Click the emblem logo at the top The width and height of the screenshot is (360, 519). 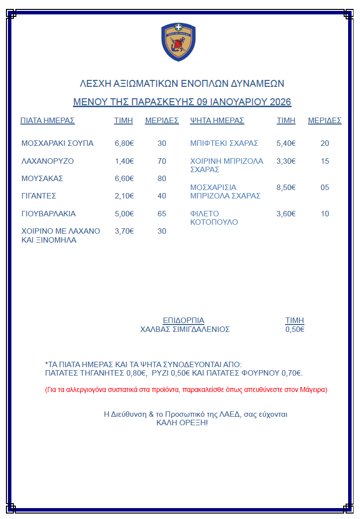pos(179,42)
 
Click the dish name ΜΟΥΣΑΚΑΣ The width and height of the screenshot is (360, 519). pos(42,179)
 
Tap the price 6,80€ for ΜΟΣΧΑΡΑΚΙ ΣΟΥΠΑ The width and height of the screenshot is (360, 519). pos(124,143)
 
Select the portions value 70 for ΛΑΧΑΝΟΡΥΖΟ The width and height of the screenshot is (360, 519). pos(162,161)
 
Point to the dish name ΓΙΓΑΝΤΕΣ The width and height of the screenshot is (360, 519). pos(39,196)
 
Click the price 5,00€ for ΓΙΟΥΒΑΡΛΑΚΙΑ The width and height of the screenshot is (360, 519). pos(124,214)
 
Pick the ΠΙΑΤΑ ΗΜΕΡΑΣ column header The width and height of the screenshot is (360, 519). pos(48,121)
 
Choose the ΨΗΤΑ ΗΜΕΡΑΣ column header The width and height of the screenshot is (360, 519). pos(217,121)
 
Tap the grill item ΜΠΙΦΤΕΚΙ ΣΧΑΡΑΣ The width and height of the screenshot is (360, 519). pos(224,143)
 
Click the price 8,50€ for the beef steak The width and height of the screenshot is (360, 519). pos(286,188)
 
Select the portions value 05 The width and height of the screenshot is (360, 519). pos(325,188)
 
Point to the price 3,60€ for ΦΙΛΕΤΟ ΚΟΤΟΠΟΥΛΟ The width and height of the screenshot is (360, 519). pos(286,214)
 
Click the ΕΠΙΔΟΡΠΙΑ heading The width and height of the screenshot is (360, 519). pos(183,321)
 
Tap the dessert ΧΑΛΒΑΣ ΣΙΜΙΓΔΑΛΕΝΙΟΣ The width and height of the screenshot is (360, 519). pos(185,329)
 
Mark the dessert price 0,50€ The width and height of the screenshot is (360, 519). pos(295,329)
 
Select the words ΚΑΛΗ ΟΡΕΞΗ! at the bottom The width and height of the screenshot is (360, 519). pos(182,423)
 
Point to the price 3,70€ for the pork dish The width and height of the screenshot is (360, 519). pos(124,231)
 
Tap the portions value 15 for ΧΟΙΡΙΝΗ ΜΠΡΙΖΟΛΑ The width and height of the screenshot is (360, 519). pos(325,161)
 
